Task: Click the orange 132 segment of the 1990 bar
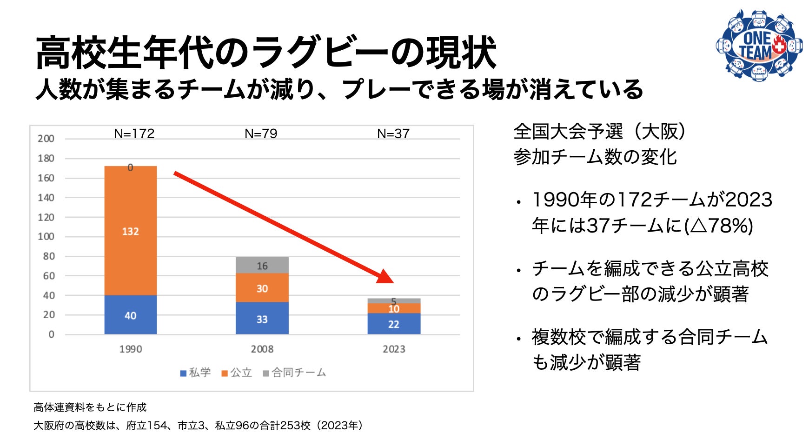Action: click(130, 231)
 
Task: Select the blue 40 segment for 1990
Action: click(130, 315)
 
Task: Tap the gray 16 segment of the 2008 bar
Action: click(262, 265)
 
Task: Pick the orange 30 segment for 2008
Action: click(262, 288)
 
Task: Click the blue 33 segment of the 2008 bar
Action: click(262, 319)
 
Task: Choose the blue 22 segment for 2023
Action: click(394, 324)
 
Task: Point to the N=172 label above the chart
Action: click(134, 133)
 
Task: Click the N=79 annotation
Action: click(261, 133)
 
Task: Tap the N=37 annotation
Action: click(393, 133)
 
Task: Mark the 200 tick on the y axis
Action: click(46, 139)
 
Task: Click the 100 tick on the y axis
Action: click(46, 236)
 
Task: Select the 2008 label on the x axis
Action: click(262, 349)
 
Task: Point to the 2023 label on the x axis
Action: click(394, 349)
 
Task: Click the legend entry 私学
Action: click(196, 373)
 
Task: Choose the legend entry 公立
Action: click(237, 373)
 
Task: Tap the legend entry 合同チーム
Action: click(294, 373)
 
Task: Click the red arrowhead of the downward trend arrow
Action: click(386, 277)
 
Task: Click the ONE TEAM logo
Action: click(759, 46)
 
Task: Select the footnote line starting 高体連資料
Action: click(90, 407)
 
